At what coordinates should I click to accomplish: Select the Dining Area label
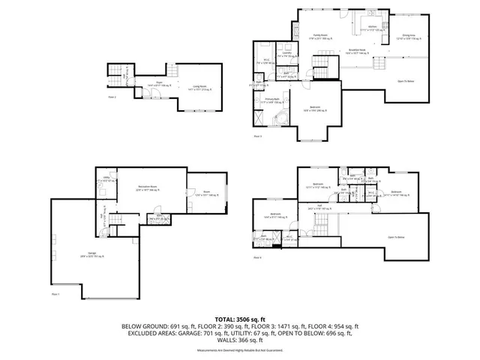coord(409,35)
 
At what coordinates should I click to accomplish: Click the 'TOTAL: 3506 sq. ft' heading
coord(239,318)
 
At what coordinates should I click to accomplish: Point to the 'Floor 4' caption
coord(257,258)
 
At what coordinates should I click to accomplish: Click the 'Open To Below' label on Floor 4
coord(396,237)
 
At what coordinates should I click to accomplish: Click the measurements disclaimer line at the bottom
coord(239,350)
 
